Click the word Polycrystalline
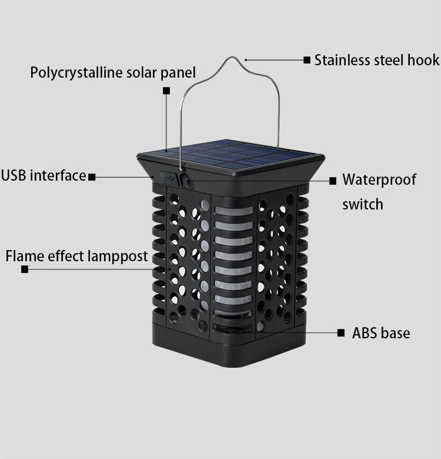(x=75, y=73)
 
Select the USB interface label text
(x=44, y=175)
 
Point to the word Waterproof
(x=379, y=179)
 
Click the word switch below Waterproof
(x=362, y=204)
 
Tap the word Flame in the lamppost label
(x=23, y=257)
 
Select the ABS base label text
(x=381, y=333)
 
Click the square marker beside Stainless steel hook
(x=307, y=60)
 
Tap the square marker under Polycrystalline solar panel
(x=166, y=91)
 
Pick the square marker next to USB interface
(x=92, y=177)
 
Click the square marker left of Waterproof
(x=332, y=181)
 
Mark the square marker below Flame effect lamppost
(x=25, y=270)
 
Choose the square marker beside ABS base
(x=341, y=333)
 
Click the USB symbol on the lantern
(x=166, y=176)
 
